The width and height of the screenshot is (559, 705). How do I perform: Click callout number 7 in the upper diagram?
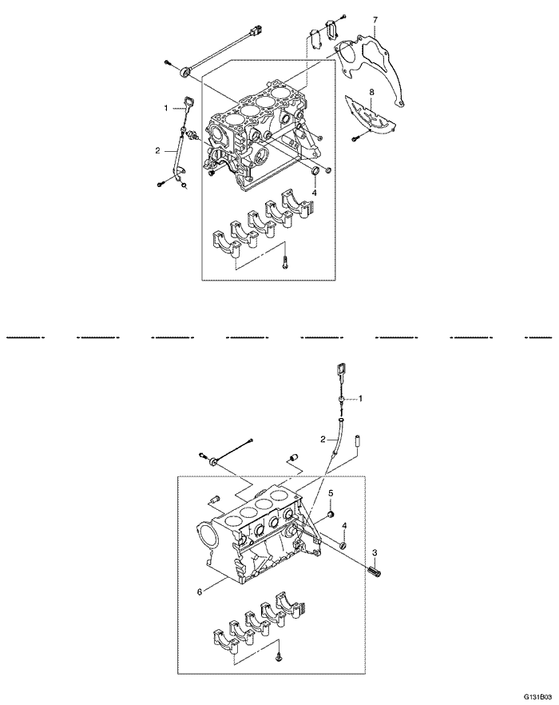(x=376, y=18)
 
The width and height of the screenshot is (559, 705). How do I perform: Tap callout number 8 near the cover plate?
(x=371, y=93)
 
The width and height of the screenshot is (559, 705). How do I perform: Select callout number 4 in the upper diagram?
(x=315, y=193)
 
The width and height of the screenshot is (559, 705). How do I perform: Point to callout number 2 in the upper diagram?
(x=157, y=149)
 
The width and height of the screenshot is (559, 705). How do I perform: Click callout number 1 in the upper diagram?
(x=165, y=107)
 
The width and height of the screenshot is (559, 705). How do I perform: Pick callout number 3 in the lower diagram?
(x=375, y=552)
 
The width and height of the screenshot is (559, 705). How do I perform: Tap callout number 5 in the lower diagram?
(x=331, y=493)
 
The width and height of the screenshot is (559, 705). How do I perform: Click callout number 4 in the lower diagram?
(x=344, y=525)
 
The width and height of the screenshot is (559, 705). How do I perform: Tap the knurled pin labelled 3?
(x=378, y=572)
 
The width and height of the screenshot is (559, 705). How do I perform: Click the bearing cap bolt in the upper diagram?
(x=284, y=261)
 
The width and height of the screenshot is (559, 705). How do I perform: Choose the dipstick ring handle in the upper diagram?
(x=188, y=101)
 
